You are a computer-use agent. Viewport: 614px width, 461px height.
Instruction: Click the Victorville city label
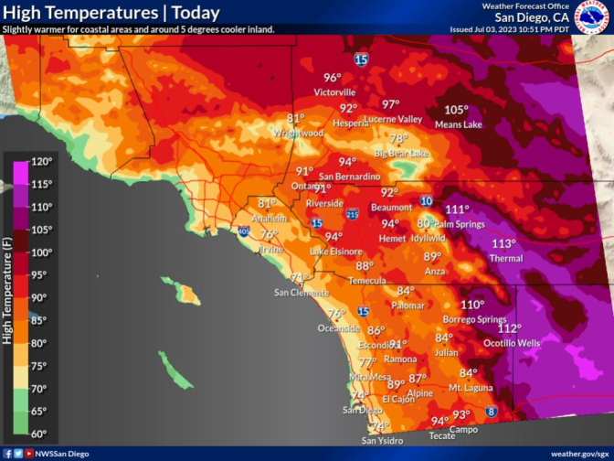(x=333, y=92)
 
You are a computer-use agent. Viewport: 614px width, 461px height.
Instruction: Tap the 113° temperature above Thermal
(x=503, y=243)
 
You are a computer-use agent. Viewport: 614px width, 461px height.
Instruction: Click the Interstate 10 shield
(x=427, y=200)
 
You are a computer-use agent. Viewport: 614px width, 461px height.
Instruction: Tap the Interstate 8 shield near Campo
(x=492, y=413)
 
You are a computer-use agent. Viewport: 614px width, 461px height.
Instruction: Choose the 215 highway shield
(x=353, y=216)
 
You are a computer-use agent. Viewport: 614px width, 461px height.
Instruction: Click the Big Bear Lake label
(x=401, y=153)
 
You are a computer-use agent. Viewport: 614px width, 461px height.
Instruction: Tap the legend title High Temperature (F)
(x=7, y=298)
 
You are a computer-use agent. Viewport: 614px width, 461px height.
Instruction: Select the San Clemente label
(x=302, y=293)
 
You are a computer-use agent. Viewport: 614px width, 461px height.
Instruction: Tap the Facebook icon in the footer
(x=7, y=454)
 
